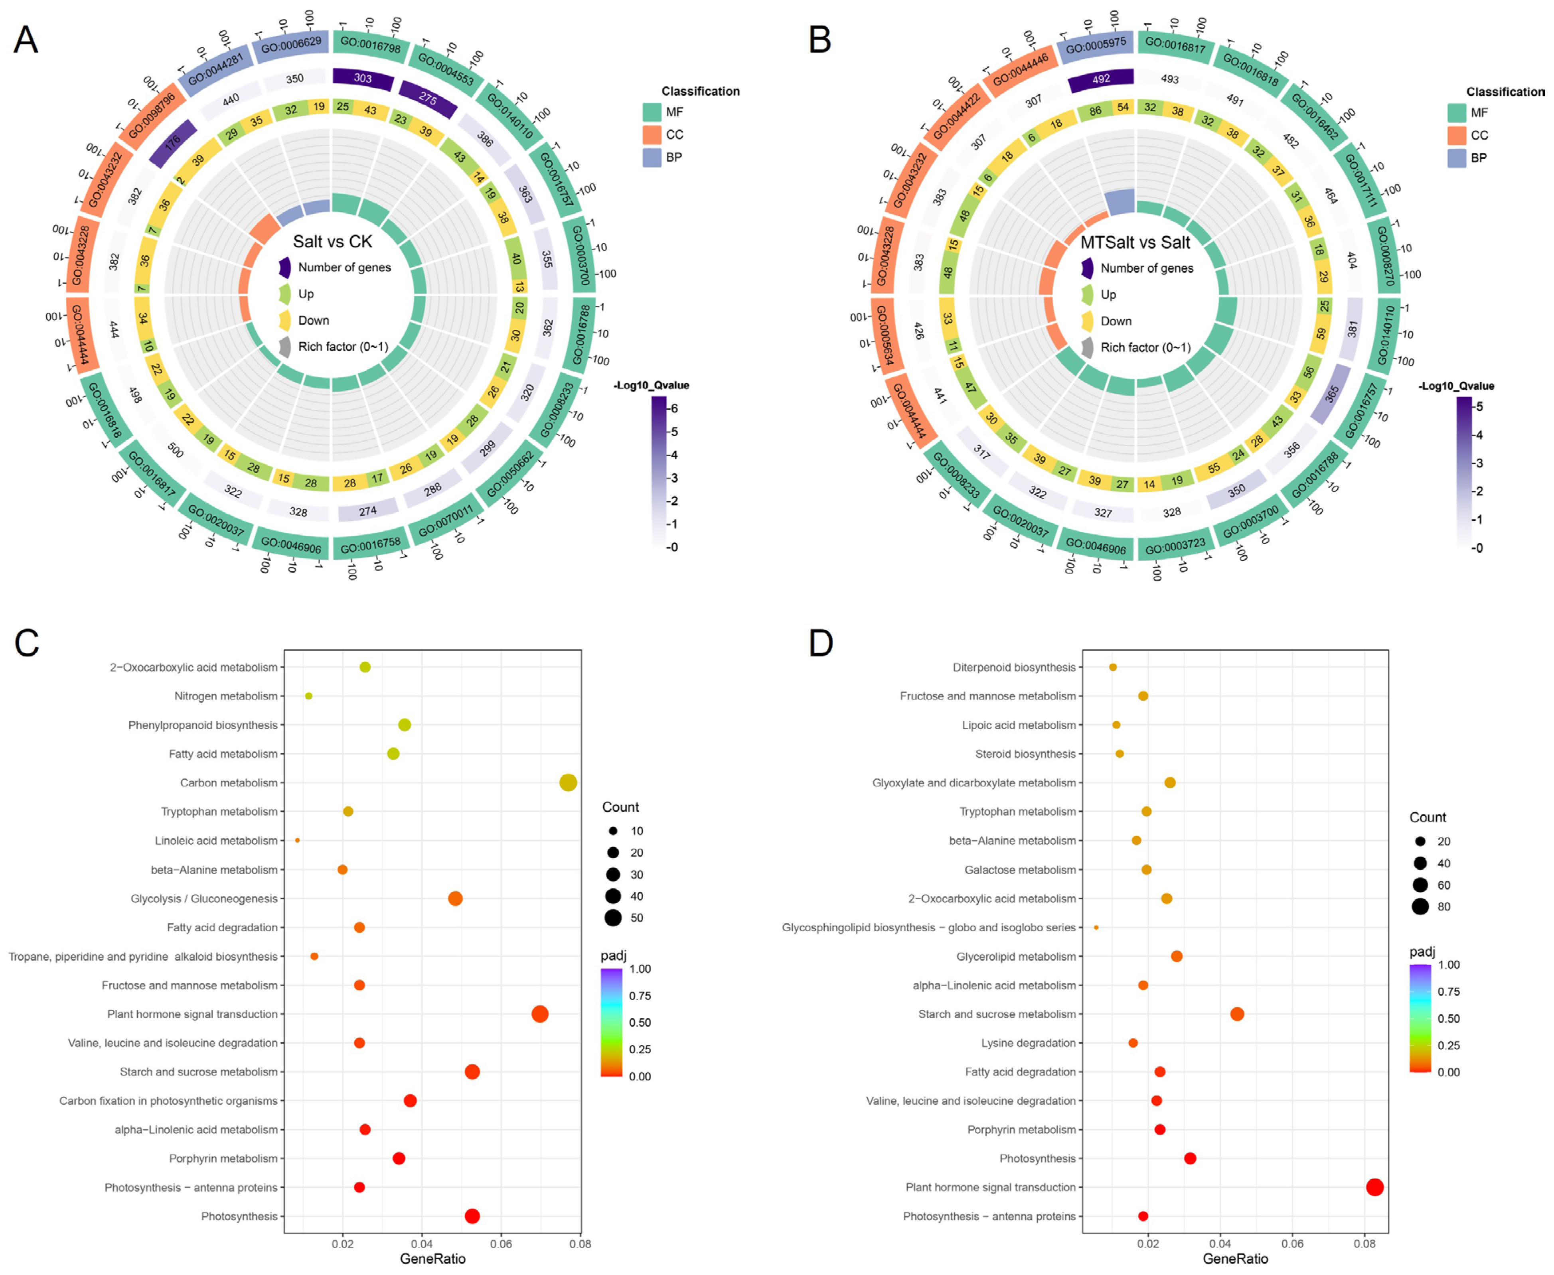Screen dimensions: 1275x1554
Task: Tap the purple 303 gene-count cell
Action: (362, 78)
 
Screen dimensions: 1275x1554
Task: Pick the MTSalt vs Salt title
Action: (1135, 242)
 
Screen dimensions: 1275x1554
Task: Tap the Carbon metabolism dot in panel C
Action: (568, 783)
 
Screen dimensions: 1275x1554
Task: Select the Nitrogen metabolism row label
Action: (225, 696)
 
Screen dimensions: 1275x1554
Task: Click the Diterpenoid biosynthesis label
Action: (1014, 668)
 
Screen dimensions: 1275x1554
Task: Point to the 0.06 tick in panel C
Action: (501, 1244)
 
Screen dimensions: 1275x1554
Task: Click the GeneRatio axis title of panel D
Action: (1235, 1259)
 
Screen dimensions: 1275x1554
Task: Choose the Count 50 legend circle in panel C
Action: (613, 918)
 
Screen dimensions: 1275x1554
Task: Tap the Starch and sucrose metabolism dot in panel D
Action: (1237, 1014)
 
